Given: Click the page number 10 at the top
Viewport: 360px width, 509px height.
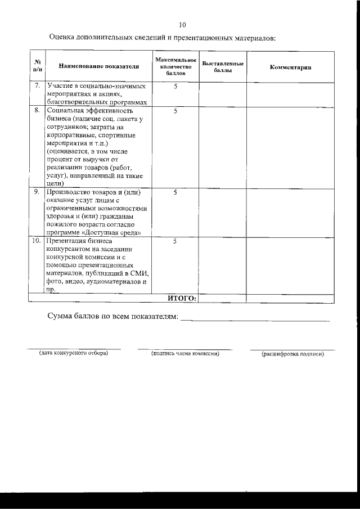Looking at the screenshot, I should tap(181, 25).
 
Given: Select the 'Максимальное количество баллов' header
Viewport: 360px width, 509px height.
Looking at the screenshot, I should tap(175, 66).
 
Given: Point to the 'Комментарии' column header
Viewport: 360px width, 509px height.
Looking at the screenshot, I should tap(290, 67).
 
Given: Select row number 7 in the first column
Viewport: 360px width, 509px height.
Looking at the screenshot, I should tap(37, 86).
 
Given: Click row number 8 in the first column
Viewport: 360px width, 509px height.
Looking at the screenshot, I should tap(37, 111).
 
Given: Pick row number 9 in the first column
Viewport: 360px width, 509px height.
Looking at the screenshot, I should tap(37, 192).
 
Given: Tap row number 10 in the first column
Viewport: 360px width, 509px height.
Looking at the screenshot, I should tap(36, 241).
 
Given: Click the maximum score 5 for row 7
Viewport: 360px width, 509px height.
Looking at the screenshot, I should tap(175, 86).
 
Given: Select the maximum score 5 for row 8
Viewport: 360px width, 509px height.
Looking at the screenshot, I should tap(175, 111).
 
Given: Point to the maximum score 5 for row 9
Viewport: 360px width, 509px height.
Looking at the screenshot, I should tap(175, 192).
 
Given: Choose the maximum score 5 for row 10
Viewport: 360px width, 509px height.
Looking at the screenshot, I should tap(175, 241).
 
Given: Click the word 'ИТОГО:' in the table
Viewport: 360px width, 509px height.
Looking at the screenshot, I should tap(182, 298).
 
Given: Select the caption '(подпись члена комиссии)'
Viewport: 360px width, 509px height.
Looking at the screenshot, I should tap(184, 354).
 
